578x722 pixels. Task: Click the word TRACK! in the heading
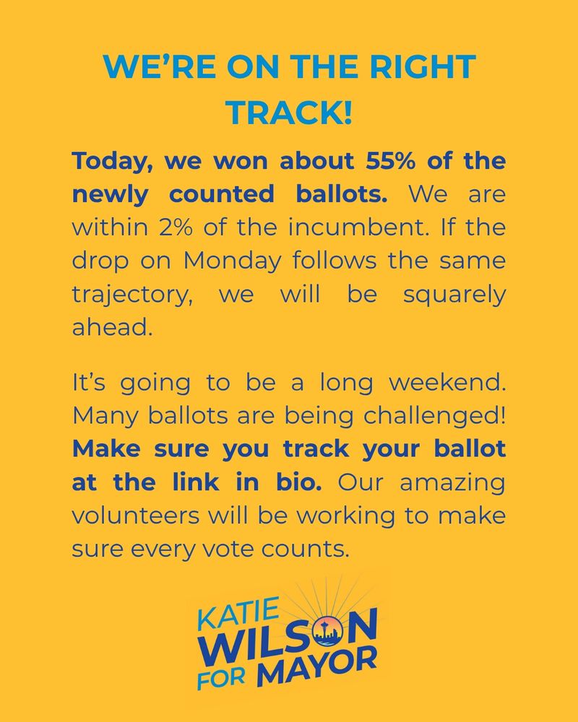point(289,113)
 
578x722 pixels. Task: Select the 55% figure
point(369,160)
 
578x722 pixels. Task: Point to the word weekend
point(448,383)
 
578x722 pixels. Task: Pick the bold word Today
point(112,160)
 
